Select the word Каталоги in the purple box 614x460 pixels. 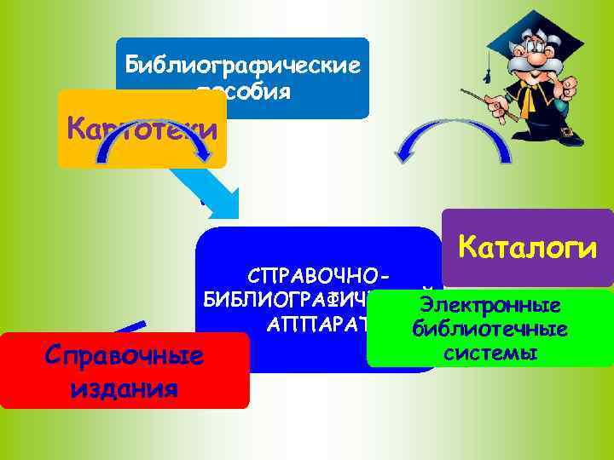pyautogui.click(x=526, y=247)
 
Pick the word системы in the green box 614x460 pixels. pyautogui.click(x=489, y=351)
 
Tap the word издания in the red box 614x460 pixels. pyautogui.click(x=125, y=388)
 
